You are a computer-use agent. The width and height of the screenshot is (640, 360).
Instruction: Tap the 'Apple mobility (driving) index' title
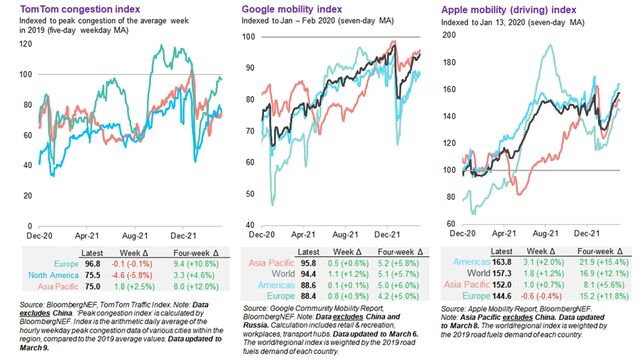[x=510, y=8]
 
